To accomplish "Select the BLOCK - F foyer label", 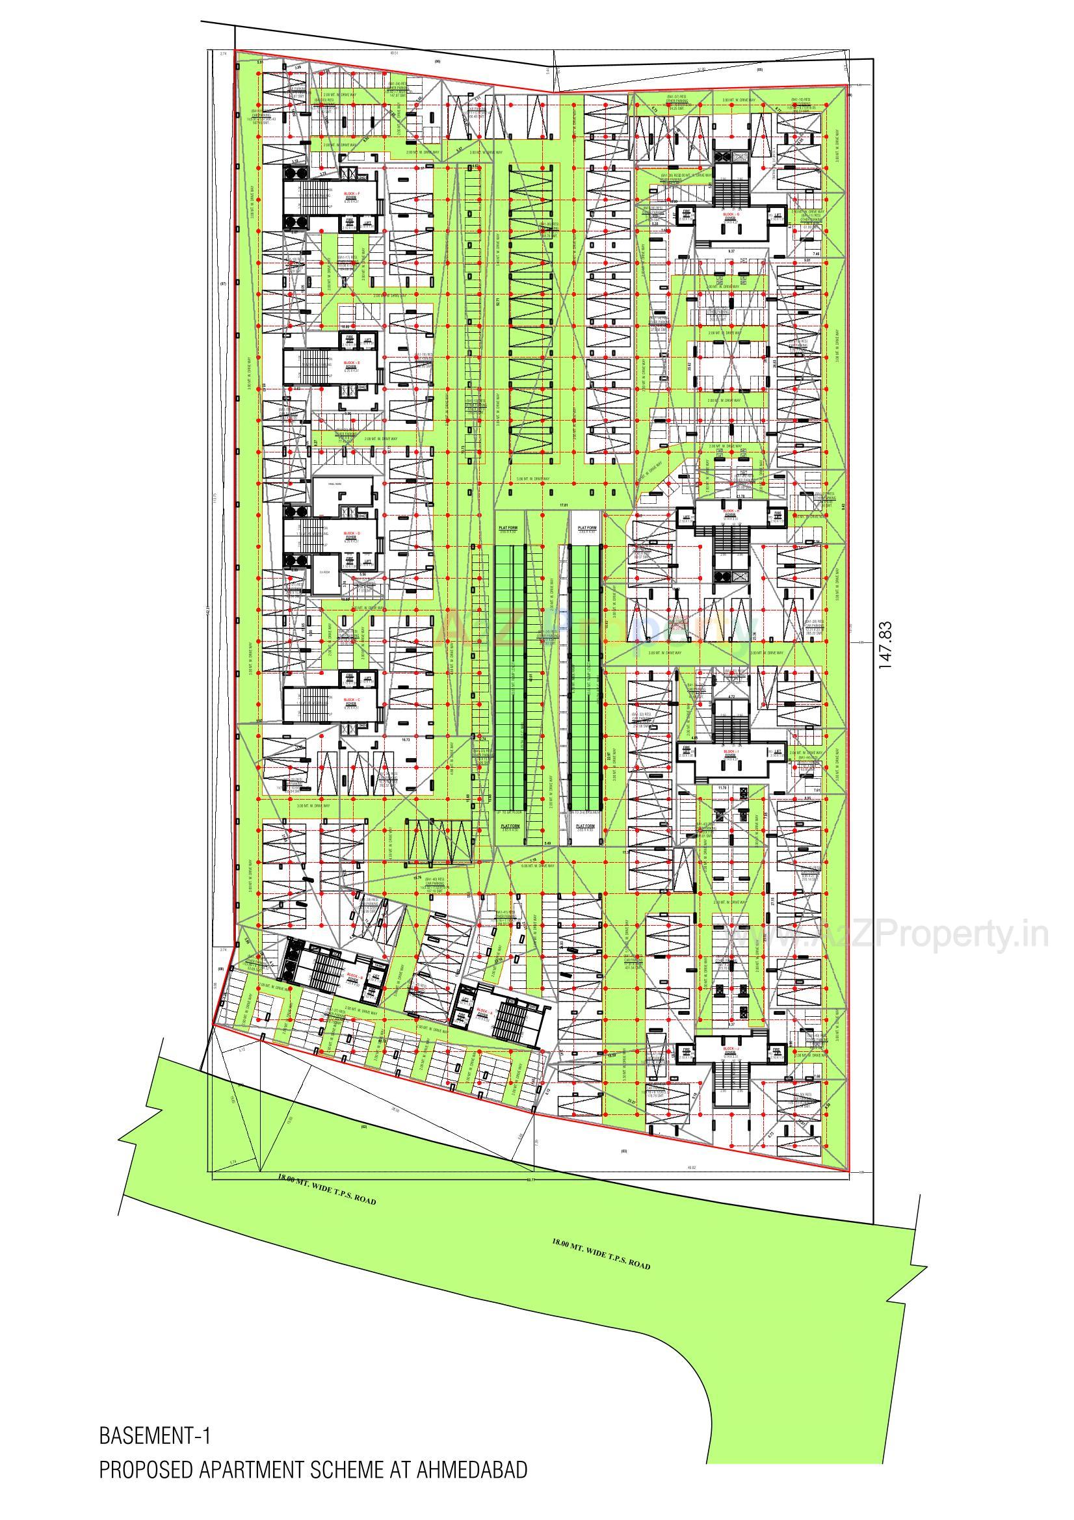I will click(351, 195).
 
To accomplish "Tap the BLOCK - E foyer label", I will click(351, 363).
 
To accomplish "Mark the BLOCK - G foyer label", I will click(731, 217).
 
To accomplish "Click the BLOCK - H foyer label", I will click(731, 512).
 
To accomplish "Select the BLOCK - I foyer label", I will click(731, 753).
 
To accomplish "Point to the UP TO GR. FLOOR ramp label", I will click(509, 812).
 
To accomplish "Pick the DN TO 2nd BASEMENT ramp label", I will click(585, 812).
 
